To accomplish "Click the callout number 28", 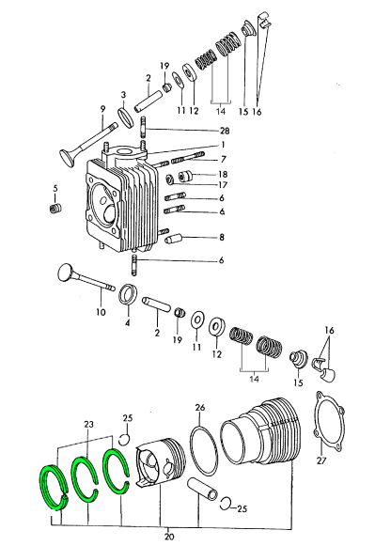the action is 225,131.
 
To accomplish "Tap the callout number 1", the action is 223,145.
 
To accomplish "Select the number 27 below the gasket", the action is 321,460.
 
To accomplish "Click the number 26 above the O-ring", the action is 200,407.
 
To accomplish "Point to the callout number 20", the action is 169,537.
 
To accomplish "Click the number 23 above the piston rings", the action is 88,424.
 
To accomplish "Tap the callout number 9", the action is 102,109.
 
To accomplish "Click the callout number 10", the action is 101,312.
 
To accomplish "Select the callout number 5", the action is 55,188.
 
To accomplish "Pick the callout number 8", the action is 222,238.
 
